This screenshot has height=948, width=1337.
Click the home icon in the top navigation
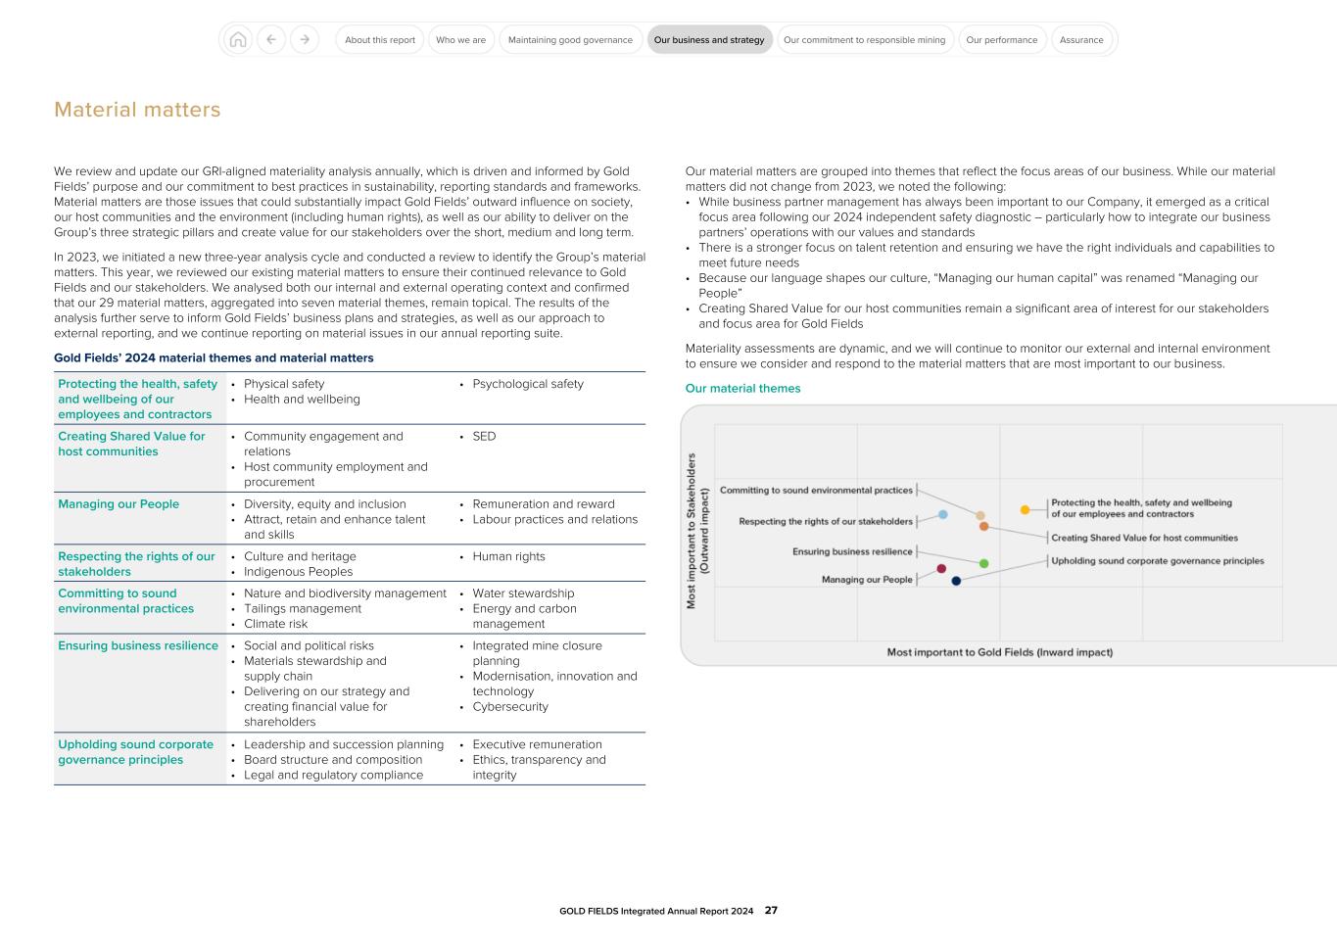point(237,40)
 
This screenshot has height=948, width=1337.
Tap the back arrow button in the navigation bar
point(271,40)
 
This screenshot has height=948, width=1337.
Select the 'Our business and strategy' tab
point(709,40)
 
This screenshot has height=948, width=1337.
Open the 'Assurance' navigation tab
point(1081,40)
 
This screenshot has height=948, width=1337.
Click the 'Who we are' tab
point(460,40)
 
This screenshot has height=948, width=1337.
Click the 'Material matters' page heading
point(137,110)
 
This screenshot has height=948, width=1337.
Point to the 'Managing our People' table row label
point(119,504)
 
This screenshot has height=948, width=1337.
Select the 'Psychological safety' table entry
point(527,384)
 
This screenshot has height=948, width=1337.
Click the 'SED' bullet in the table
point(484,437)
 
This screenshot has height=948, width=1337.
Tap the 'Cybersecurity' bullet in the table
point(509,707)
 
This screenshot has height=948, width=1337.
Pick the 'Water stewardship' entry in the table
point(523,593)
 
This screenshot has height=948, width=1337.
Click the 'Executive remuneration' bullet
point(537,744)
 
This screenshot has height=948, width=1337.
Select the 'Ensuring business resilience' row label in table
point(138,646)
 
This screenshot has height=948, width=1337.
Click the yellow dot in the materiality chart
point(1025,509)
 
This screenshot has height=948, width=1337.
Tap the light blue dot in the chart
point(943,514)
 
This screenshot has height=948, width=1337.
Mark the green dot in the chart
point(984,563)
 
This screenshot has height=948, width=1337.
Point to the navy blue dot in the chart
point(957,581)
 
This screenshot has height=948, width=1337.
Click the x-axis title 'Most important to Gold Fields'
point(999,652)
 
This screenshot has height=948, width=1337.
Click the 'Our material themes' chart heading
point(742,389)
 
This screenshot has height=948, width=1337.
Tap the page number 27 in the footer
point(771,911)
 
